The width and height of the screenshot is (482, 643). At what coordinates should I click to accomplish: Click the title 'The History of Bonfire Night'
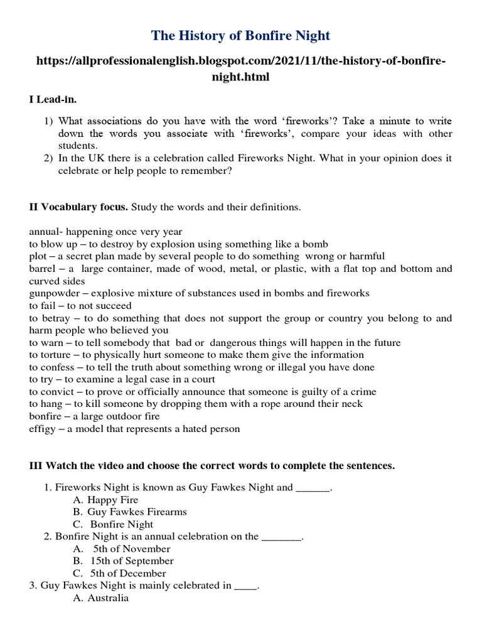(240, 36)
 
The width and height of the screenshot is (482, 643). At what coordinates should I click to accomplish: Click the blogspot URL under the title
(240, 68)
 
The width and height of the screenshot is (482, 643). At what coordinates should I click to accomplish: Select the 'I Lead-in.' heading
(53, 100)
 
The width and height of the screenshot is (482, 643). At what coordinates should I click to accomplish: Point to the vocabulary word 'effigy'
(42, 429)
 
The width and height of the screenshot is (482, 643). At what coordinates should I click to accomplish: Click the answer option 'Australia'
(108, 598)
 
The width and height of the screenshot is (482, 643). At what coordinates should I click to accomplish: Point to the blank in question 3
(245, 586)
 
